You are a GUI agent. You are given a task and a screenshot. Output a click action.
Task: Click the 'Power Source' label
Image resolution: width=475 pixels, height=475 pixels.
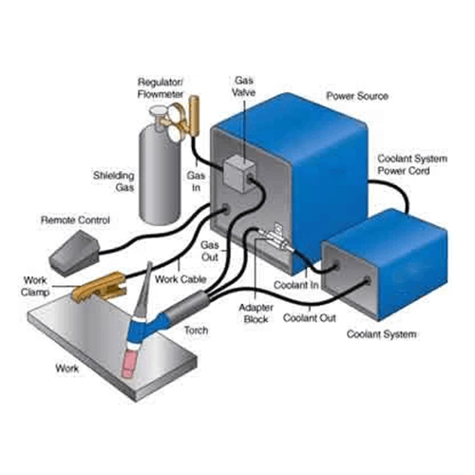[x=357, y=96]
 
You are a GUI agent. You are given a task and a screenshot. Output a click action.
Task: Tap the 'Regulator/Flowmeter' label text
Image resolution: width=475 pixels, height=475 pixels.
[x=161, y=88]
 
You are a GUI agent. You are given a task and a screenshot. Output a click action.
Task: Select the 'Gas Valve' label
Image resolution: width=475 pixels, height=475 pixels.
[x=243, y=86]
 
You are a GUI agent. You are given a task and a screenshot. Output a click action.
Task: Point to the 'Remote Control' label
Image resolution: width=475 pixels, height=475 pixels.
[x=75, y=220]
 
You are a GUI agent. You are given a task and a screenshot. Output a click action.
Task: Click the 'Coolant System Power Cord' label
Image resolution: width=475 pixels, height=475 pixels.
[x=412, y=164]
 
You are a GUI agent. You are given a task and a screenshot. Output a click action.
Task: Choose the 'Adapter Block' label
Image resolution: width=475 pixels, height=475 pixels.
[x=256, y=313]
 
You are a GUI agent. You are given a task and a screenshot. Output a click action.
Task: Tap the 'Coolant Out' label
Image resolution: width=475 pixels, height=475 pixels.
[x=310, y=317]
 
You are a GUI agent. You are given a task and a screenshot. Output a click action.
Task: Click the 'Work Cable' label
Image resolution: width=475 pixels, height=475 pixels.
[x=180, y=279]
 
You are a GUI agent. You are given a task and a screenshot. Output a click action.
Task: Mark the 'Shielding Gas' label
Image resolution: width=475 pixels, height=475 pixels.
[x=114, y=181]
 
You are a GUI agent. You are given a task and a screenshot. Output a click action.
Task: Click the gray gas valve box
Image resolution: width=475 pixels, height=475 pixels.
[x=239, y=174]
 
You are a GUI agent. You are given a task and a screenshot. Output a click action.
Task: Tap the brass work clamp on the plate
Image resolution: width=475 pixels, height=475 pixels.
[x=100, y=288]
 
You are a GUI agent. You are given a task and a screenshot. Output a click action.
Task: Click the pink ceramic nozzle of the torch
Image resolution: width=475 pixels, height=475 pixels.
[x=130, y=363]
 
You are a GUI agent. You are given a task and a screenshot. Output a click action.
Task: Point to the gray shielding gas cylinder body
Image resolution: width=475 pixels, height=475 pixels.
[x=160, y=174]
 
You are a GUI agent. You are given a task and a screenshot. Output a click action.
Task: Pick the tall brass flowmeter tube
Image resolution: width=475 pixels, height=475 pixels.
[x=194, y=116]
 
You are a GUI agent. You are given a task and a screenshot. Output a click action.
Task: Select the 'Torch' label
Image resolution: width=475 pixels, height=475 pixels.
[x=196, y=331]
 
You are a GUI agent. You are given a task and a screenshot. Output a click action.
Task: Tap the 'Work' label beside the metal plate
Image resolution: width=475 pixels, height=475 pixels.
[x=66, y=369]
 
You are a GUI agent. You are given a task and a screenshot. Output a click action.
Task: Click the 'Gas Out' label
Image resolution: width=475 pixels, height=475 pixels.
[x=210, y=251]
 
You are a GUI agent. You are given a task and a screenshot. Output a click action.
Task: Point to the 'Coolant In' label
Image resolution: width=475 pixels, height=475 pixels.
[x=296, y=285]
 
